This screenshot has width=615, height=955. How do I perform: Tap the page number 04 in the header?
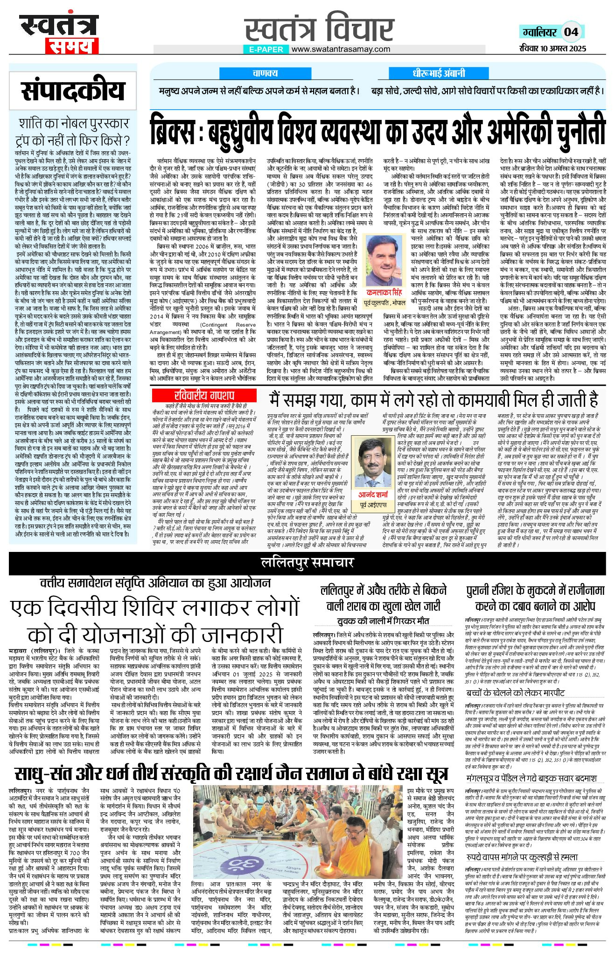[571, 32]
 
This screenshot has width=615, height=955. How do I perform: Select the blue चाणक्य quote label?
[265, 73]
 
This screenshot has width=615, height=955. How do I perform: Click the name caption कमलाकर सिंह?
[384, 293]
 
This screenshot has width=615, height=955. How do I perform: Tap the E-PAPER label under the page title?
[266, 49]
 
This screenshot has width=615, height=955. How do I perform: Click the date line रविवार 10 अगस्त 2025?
[553, 48]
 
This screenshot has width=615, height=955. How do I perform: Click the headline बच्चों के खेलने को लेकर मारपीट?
[515, 692]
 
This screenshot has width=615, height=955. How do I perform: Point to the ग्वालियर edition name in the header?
[540, 32]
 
